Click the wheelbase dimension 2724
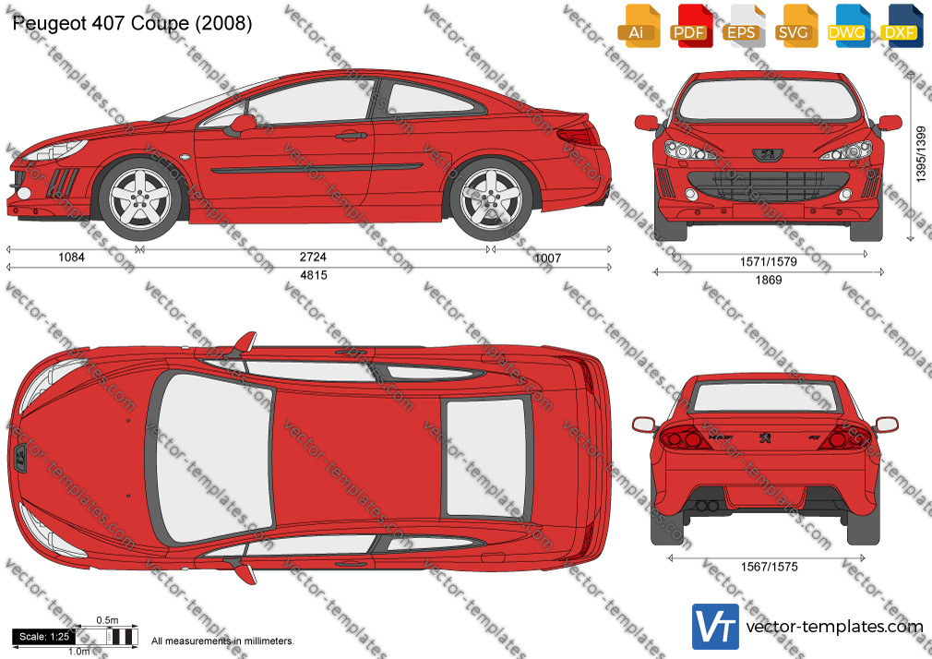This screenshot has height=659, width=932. pos(313,257)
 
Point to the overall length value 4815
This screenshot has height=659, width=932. pos(313,275)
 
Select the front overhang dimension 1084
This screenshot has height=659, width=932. pos(71,257)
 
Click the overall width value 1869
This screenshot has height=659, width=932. pos(769,281)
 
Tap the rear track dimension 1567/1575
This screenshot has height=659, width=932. pos(770,567)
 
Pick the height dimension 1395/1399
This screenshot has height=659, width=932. pos(921,153)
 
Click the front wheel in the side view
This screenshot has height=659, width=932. pos(140,198)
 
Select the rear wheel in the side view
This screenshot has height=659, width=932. pos(491,198)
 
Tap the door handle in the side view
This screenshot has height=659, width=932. pos(351,136)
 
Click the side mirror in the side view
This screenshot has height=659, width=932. pos(242,125)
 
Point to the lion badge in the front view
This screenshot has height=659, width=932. pos(768,155)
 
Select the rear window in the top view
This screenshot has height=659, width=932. pos(486,458)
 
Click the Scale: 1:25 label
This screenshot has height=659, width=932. pos(44,637)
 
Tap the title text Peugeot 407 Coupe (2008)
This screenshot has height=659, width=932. pos(132,23)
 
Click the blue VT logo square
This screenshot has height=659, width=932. pos(716,627)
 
